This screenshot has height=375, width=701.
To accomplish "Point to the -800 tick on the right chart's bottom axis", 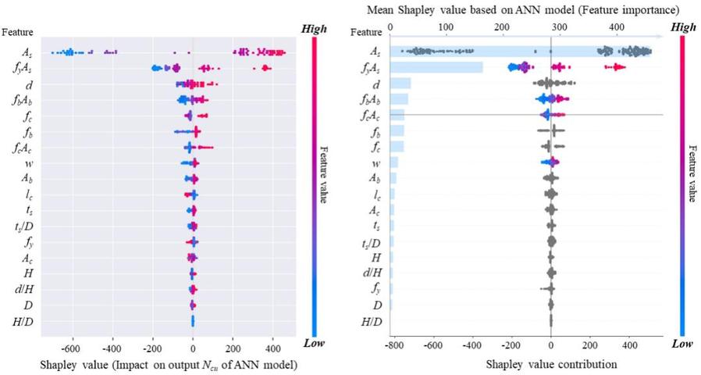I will (393, 343).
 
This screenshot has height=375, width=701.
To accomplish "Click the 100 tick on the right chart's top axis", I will (446, 25).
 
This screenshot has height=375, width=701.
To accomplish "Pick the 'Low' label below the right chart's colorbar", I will (682, 343).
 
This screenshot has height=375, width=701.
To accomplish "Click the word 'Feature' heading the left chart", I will (17, 32).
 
